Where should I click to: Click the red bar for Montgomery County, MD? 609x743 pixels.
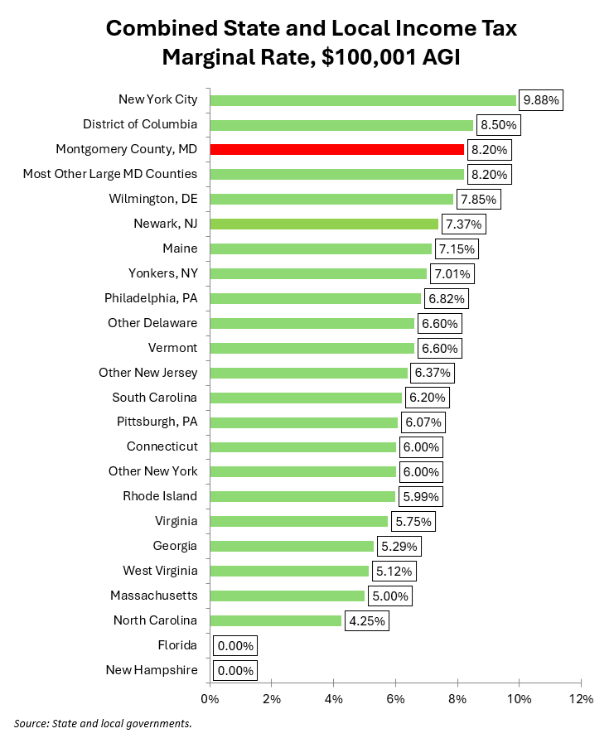point(336,149)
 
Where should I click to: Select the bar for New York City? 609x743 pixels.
point(363,100)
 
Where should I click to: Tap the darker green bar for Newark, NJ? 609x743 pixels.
point(324,224)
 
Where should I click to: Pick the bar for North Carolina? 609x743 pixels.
point(276,620)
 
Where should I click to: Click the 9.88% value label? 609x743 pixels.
point(541,100)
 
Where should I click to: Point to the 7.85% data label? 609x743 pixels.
point(478,199)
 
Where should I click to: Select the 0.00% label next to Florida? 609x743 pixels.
point(235,645)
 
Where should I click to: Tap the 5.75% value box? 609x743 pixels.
point(413,521)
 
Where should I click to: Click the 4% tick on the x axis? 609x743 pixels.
point(333,699)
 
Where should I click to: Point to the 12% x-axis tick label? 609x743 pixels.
point(580,699)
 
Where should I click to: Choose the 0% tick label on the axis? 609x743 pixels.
point(210,699)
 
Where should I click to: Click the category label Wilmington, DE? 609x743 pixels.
point(153,199)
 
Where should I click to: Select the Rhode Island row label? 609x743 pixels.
point(160,496)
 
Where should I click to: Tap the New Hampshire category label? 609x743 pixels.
point(152,670)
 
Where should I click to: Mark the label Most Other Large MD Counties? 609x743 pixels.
point(110,174)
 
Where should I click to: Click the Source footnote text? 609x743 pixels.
point(103,724)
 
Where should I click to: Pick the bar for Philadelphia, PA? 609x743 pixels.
point(316,298)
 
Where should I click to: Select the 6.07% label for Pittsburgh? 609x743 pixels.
point(423,422)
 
